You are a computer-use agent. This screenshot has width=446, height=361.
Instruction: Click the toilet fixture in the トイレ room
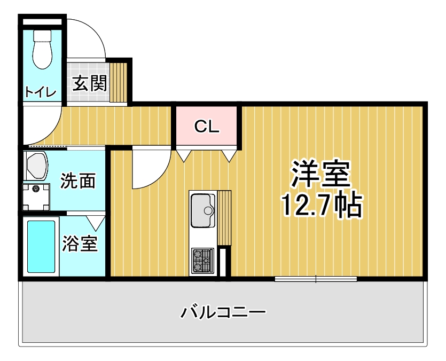click(x=42, y=49)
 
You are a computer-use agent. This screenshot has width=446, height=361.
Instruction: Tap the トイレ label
click(x=41, y=92)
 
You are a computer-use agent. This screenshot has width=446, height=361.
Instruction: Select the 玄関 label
click(x=90, y=83)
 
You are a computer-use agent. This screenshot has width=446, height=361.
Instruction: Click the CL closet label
click(x=207, y=127)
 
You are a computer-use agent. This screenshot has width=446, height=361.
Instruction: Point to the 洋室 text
click(x=320, y=174)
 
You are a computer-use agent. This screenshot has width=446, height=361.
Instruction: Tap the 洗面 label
click(x=78, y=180)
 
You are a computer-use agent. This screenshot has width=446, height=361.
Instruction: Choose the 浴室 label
click(x=80, y=244)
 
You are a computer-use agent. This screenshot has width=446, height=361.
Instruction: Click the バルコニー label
click(x=224, y=312)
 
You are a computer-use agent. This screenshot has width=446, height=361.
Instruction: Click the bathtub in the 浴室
click(x=41, y=246)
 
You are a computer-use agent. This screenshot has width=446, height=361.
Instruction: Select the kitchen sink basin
click(x=203, y=210)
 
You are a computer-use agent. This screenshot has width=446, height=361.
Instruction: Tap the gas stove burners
click(x=202, y=261)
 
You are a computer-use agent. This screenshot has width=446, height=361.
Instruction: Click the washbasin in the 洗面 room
click(x=36, y=166)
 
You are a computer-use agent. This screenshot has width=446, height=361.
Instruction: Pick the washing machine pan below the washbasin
click(x=36, y=197)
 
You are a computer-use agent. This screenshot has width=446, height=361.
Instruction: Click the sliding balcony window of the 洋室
click(x=316, y=279)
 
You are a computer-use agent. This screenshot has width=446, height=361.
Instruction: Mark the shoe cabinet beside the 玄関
click(x=119, y=82)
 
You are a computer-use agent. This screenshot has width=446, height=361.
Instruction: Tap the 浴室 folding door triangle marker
click(x=96, y=223)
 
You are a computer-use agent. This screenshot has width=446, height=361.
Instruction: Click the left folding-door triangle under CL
click(x=184, y=155)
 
